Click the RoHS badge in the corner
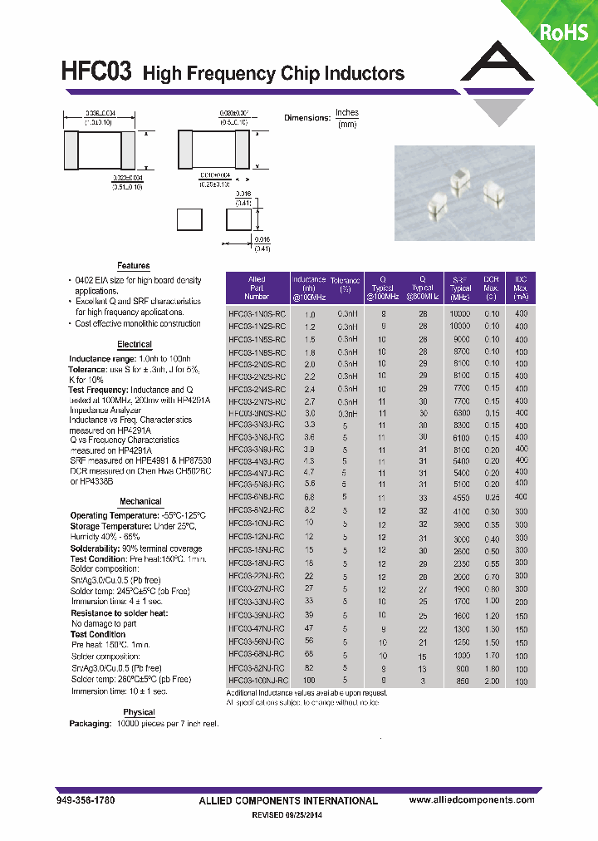tap(564, 32)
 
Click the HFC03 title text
tap(96, 71)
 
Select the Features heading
tap(133, 266)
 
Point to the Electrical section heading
tap(134, 344)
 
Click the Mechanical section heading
tap(140, 501)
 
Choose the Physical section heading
tap(139, 712)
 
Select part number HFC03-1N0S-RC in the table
tap(257, 315)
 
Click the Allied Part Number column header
tap(257, 288)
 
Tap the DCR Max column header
tap(492, 288)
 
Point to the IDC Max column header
tap(521, 288)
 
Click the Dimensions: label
tap(306, 118)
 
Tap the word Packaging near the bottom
tap(90, 724)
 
